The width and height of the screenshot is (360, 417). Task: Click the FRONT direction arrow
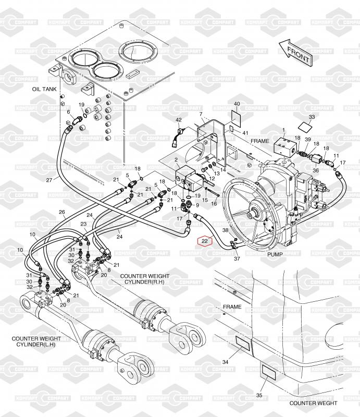(295, 53)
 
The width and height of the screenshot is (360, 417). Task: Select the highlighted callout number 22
(204, 241)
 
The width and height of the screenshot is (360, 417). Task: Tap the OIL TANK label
(44, 89)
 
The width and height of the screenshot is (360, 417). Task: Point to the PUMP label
(275, 254)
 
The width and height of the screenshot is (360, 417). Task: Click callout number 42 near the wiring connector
(179, 120)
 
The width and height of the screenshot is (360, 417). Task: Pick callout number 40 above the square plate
(237, 104)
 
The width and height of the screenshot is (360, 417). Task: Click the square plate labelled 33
(306, 126)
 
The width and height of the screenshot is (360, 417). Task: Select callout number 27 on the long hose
(49, 180)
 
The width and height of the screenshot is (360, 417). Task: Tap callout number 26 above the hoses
(62, 212)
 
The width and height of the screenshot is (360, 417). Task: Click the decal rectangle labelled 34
(243, 343)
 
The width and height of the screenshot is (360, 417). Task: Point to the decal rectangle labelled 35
(268, 372)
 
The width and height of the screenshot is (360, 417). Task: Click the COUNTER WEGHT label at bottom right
(313, 403)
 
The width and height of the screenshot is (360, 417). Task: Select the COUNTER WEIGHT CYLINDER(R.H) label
(145, 279)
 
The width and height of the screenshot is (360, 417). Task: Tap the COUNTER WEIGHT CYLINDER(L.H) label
(36, 341)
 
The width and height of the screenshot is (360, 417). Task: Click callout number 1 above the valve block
(283, 130)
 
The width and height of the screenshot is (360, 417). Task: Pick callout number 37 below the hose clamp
(237, 259)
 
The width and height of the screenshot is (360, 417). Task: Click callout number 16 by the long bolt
(214, 203)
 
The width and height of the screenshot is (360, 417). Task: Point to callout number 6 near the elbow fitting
(69, 112)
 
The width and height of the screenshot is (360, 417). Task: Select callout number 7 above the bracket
(201, 114)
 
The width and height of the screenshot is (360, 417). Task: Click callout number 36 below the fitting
(316, 170)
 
